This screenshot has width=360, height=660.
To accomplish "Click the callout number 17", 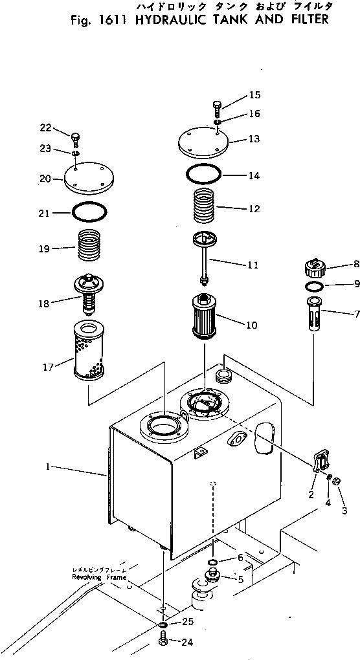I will click(48, 368).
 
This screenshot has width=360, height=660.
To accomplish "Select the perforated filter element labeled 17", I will click(89, 350).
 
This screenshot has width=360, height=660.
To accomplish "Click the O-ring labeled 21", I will click(89, 212).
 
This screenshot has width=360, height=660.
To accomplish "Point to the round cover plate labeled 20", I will click(89, 178).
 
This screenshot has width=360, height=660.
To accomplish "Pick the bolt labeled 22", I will click(75, 137).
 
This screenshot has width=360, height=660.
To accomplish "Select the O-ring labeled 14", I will click(203, 174).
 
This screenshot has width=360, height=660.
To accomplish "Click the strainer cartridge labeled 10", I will click(204, 317).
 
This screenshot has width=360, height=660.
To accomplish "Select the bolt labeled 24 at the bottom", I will click(163, 641).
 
